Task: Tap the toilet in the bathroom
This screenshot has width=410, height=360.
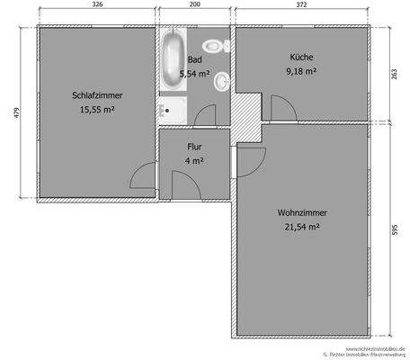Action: tap(212, 45)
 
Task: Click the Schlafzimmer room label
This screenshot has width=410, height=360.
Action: tap(97, 94)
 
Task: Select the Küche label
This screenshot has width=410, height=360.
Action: tap(301, 57)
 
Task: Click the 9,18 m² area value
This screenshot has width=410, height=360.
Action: tap(301, 71)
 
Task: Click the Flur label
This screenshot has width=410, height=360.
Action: tap(194, 146)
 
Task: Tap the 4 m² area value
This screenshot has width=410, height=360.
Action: tap(194, 160)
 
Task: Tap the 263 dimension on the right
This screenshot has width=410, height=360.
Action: tap(394, 75)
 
